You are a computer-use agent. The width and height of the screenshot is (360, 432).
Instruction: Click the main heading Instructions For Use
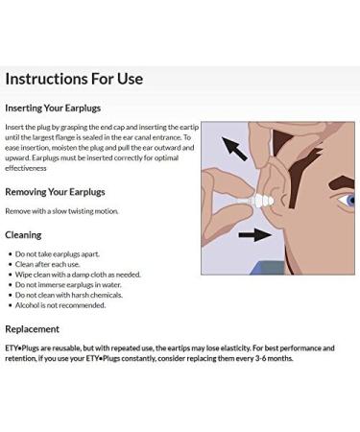point(75,79)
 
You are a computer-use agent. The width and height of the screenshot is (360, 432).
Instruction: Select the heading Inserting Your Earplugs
point(53,108)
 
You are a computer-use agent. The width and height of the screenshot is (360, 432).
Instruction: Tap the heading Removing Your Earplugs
point(55,192)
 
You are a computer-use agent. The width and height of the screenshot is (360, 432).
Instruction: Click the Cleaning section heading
point(23,234)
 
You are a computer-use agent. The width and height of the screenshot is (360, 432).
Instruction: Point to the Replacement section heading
point(32,329)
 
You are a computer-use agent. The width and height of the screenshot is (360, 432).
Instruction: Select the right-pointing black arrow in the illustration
point(253,234)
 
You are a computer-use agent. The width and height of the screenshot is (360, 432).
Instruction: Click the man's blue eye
point(350,202)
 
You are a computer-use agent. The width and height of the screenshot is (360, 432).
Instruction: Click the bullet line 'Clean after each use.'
point(47,264)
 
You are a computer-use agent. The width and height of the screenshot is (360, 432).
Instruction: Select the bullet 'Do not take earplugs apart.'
point(57,254)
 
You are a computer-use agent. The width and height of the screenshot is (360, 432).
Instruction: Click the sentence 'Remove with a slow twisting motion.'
point(61,211)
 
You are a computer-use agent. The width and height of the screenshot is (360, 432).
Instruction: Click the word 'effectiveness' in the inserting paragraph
point(26,168)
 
